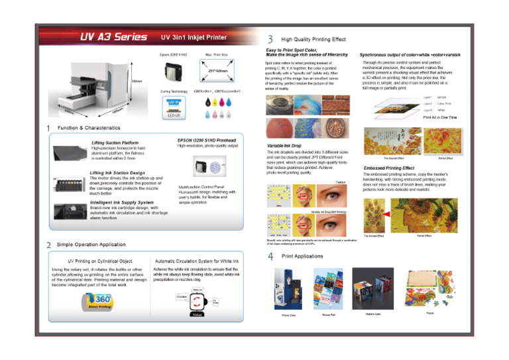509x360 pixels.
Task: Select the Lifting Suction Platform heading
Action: click(x=115, y=143)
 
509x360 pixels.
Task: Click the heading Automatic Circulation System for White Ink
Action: click(x=196, y=262)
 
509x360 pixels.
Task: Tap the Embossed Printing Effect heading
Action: click(x=389, y=168)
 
